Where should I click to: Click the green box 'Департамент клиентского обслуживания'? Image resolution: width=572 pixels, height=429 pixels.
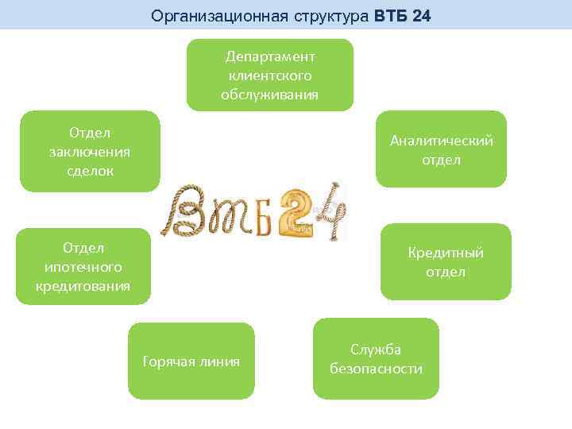pyautogui.click(x=269, y=75)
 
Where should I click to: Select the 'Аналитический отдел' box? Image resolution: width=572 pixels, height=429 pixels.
pyautogui.click(x=441, y=149)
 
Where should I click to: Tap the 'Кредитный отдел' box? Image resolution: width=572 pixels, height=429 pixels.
pyautogui.click(x=446, y=262)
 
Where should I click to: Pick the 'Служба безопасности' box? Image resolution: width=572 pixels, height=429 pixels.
pyautogui.click(x=376, y=359)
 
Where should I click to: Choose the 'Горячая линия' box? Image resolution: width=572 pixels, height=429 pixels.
pyautogui.click(x=191, y=361)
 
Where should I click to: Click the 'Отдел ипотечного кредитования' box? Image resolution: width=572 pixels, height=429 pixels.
pyautogui.click(x=83, y=266)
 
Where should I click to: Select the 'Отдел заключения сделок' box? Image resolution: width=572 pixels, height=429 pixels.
pyautogui.click(x=90, y=151)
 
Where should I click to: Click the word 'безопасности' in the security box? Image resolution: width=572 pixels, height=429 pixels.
pyautogui.click(x=376, y=369)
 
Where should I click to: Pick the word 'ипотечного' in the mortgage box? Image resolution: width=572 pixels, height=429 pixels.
pyautogui.click(x=83, y=267)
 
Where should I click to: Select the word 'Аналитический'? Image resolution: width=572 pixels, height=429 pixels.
pyautogui.click(x=441, y=141)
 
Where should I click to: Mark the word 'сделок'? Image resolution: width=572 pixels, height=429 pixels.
pyautogui.click(x=90, y=170)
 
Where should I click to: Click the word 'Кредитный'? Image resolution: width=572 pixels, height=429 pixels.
pyautogui.click(x=446, y=253)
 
